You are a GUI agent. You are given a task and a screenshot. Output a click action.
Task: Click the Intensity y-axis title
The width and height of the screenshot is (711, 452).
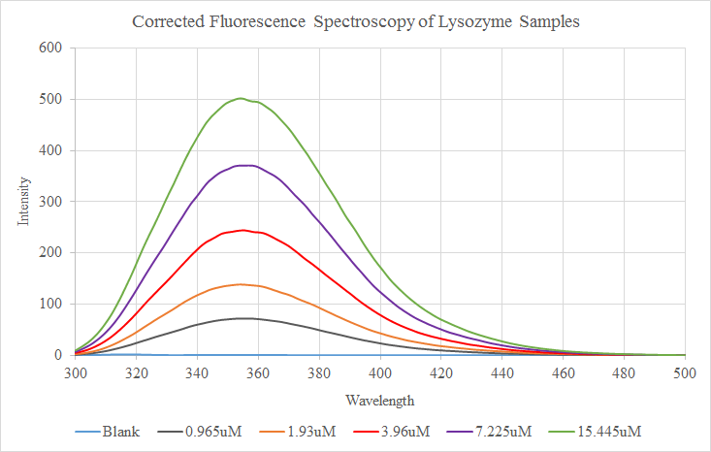pyautogui.click(x=23, y=201)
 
